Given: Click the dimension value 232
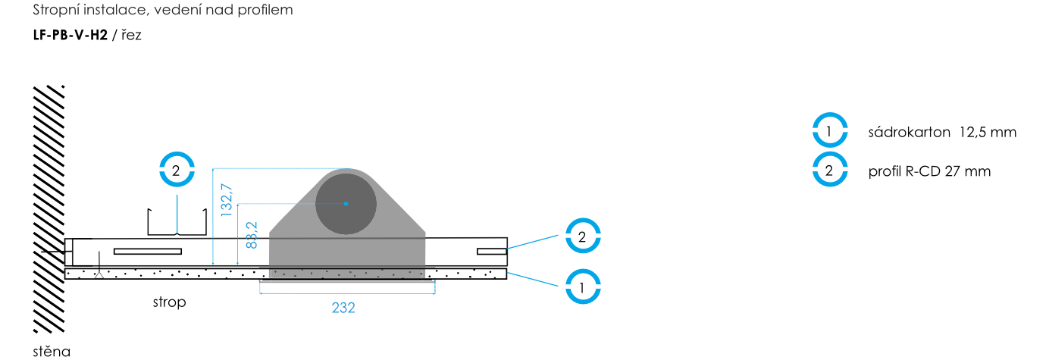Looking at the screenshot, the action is (x=343, y=308).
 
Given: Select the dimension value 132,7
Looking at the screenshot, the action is (x=227, y=200).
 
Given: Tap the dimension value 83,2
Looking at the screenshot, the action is (x=252, y=235).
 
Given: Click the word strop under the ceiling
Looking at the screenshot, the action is (x=169, y=302).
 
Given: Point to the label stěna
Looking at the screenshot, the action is (x=52, y=351).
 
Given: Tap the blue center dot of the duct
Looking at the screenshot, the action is (x=346, y=204).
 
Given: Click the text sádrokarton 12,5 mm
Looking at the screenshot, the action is (x=942, y=132).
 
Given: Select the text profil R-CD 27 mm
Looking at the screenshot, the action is (x=929, y=171).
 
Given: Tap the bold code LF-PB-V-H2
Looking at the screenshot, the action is (x=70, y=35).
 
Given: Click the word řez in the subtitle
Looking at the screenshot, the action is (x=131, y=35).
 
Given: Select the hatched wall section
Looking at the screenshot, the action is (x=49, y=209).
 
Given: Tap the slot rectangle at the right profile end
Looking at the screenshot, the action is (x=492, y=252).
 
